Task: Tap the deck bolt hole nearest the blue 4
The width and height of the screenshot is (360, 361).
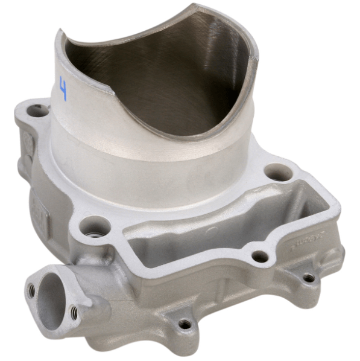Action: (39, 110)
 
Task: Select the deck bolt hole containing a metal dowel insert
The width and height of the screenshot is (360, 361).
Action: (96, 228)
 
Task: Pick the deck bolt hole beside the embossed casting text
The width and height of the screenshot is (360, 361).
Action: (260, 256)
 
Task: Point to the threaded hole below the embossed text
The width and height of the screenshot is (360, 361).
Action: (309, 278)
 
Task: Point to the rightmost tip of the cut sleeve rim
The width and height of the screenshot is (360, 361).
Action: (256, 57)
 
